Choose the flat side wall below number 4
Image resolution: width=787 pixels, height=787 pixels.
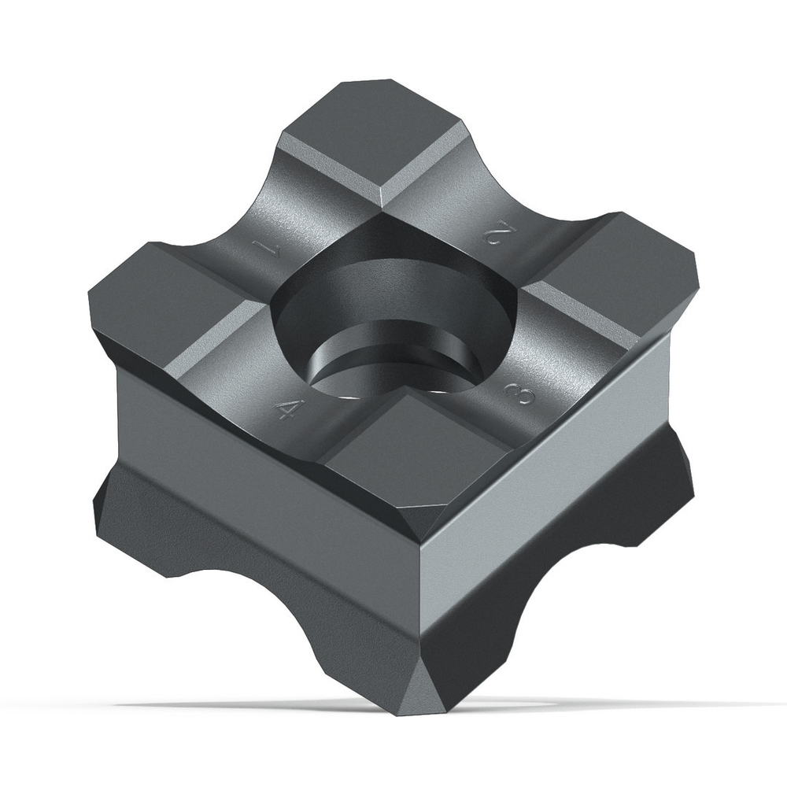(260, 464)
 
